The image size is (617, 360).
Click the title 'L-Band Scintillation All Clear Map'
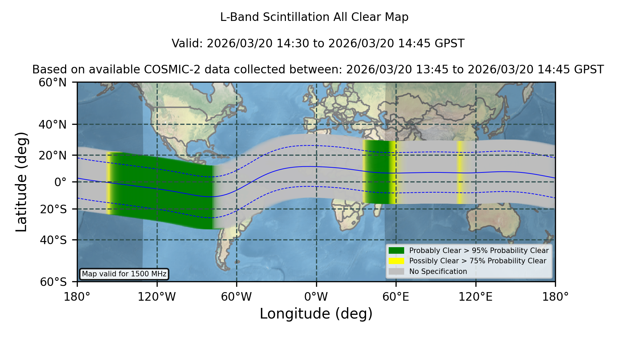(314, 17)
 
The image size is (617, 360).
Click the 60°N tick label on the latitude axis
(52, 83)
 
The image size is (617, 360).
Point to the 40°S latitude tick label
(53, 240)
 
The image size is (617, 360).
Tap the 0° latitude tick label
(60, 182)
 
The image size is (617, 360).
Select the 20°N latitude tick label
(52, 155)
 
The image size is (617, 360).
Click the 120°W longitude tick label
(157, 297)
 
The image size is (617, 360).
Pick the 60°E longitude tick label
(396, 297)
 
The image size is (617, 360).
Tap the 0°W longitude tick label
(316, 297)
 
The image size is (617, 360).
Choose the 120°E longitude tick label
(475, 297)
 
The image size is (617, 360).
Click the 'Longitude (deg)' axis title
(316, 314)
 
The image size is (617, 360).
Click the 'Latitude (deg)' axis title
(21, 182)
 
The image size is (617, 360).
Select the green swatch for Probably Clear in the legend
(396, 251)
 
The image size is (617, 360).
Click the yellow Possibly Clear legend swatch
(396, 261)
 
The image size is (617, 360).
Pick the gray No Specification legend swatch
(396, 272)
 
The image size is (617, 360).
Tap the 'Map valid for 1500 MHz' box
(124, 274)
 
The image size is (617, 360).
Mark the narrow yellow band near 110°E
(460, 172)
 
